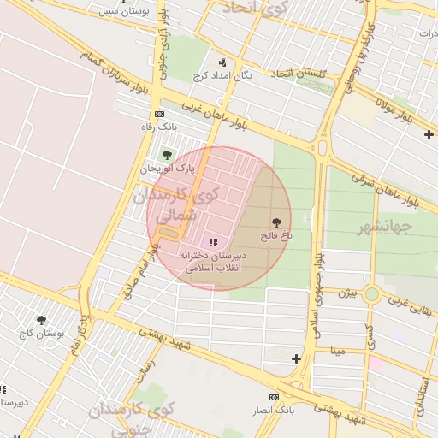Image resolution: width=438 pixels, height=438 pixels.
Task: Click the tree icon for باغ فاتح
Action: coord(275,222)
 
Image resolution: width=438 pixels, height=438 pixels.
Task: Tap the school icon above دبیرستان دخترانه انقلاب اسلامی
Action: coord(212,243)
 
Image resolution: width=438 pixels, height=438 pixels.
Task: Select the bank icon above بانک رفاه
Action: coord(159,114)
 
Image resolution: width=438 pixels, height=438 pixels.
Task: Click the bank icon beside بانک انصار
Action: coord(274,397)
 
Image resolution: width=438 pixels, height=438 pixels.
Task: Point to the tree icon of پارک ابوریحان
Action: coord(167,155)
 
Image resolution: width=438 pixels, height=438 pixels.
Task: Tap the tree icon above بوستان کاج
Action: coord(41,320)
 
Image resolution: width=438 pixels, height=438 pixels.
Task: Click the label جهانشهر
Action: coord(382,227)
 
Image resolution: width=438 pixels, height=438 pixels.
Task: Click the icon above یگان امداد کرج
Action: coord(222,62)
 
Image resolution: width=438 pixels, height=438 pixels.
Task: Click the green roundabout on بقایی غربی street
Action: coord(371,294)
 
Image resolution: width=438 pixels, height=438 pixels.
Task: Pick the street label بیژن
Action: coord(346,293)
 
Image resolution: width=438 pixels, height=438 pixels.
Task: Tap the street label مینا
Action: coord(338,351)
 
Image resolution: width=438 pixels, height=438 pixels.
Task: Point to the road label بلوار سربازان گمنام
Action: coord(115,71)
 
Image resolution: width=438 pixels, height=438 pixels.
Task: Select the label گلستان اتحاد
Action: coord(299,73)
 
